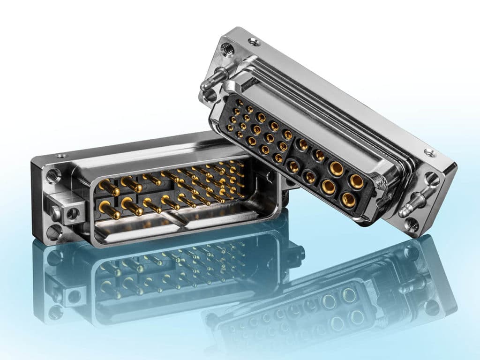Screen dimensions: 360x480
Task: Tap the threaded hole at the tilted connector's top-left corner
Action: coord(228,48)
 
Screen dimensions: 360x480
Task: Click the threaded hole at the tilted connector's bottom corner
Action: coord(412,225)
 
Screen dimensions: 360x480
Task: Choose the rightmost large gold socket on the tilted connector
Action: coord(356,181)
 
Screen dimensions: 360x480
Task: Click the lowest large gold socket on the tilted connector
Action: coord(348,200)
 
